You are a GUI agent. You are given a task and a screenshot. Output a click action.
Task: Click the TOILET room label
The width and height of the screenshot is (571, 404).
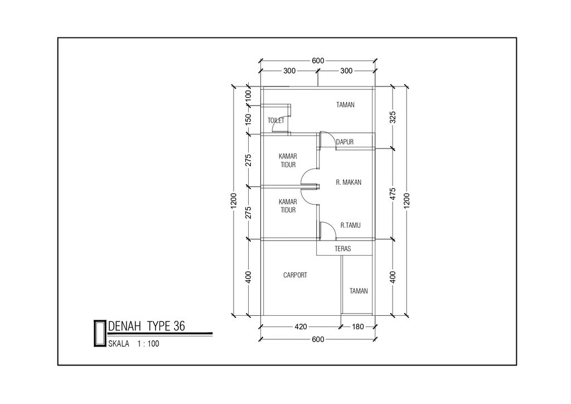point(275,121)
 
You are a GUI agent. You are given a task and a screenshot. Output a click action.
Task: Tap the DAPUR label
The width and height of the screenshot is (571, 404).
point(345,142)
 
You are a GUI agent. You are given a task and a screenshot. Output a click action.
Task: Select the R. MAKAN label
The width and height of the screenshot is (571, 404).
point(349,182)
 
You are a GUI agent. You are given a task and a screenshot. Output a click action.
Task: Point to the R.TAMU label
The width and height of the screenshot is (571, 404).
point(350,225)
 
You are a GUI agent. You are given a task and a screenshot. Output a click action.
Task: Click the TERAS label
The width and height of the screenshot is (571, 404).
point(343,249)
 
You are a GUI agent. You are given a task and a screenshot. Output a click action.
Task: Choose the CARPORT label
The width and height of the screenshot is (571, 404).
point(295,275)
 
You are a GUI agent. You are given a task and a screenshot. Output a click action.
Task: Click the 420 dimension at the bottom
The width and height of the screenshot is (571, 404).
point(301,327)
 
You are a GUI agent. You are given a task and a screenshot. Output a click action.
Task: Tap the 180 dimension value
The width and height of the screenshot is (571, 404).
point(357,327)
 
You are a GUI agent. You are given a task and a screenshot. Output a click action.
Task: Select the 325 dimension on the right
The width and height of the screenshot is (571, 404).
point(393,117)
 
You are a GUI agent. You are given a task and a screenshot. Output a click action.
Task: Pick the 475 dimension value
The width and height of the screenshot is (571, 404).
point(393,194)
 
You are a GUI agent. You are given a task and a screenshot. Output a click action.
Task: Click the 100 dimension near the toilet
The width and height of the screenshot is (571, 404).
point(248,96)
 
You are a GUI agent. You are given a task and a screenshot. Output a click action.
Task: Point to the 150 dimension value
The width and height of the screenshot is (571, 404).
point(248,119)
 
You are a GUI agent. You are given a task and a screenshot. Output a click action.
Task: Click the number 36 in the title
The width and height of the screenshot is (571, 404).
point(179,326)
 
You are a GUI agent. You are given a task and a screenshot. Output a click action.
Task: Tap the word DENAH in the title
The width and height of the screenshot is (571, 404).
point(124,326)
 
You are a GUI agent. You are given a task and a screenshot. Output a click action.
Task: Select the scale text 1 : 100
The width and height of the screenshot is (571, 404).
point(148,344)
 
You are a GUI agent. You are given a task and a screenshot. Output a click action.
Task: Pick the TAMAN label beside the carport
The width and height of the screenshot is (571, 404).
point(359,291)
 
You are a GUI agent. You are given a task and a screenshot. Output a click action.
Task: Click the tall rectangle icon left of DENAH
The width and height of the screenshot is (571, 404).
point(99,333)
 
